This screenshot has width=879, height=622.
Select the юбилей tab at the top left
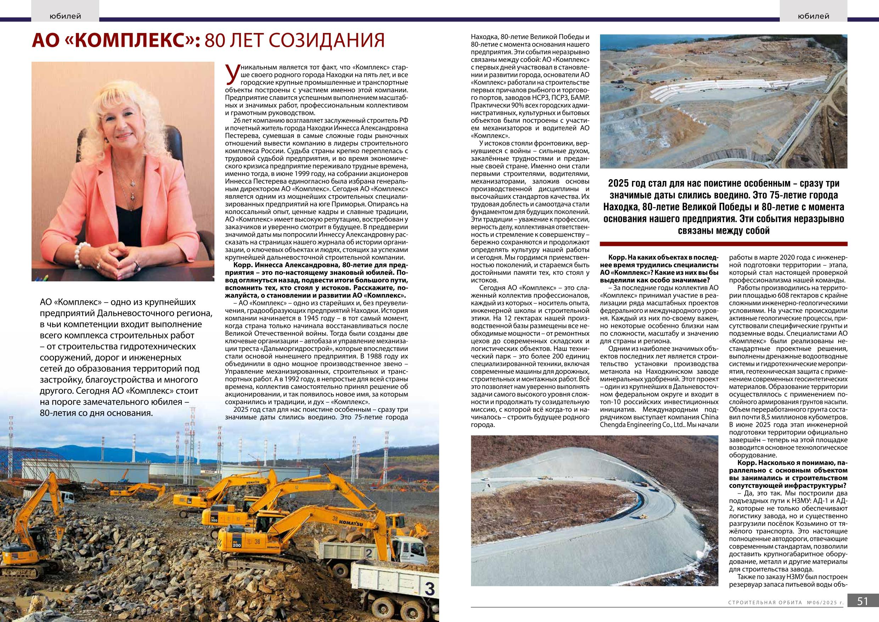[66, 16]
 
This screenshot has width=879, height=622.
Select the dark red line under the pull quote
[723, 243]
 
